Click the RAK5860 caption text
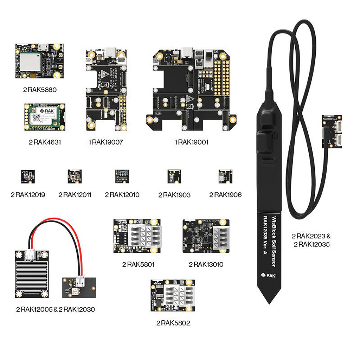point(40,90)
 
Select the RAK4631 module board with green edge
point(45,117)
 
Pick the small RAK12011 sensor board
point(75,176)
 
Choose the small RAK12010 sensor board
point(122,176)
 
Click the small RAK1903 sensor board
point(174,176)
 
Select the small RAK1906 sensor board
point(225,176)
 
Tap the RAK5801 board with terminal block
point(137,236)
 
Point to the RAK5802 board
point(173,296)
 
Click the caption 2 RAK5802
point(173,323)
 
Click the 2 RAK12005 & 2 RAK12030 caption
point(55,309)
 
